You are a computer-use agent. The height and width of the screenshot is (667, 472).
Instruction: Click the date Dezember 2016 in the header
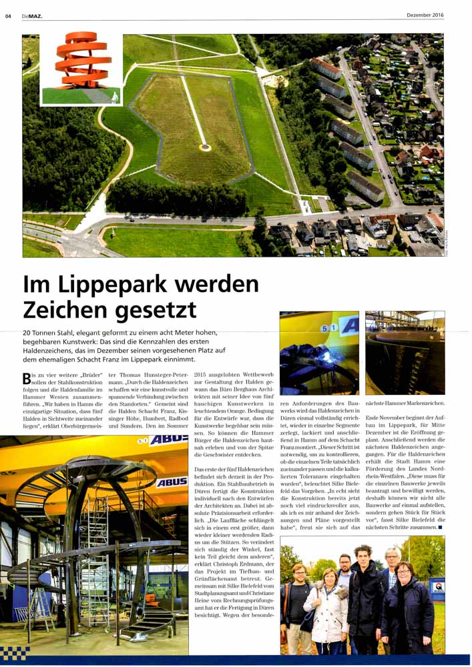[425, 15]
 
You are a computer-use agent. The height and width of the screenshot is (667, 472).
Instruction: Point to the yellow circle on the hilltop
[205, 147]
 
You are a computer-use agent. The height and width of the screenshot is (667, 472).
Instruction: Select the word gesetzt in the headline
[154, 310]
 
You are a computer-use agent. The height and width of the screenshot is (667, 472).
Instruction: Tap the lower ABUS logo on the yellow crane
[172, 482]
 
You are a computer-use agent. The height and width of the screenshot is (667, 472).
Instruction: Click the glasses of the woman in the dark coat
[405, 572]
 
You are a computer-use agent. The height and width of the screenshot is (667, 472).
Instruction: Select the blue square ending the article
[441, 527]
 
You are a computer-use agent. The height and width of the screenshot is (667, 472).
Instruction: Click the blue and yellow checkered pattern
[15, 652]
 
